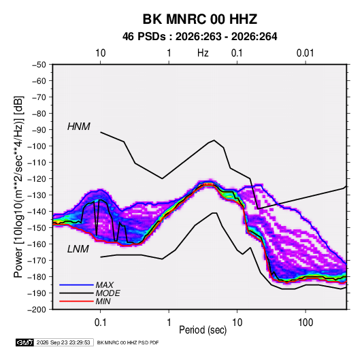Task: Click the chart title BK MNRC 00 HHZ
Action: (200, 19)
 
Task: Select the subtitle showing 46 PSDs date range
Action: (199, 37)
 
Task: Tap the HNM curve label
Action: (79, 127)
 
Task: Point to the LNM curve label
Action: (78, 249)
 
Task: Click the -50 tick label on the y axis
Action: (39, 65)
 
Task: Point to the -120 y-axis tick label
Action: (37, 179)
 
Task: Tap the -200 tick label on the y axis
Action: (37, 310)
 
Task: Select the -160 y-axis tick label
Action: (37, 244)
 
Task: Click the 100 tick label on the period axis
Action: (305, 323)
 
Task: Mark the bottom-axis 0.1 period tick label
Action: (100, 323)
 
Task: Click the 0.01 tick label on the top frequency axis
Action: (305, 53)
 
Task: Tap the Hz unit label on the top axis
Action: (203, 53)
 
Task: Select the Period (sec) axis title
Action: (203, 330)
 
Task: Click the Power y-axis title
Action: (18, 186)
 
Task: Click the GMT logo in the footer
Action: (24, 342)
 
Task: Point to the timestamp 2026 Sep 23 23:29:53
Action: (63, 342)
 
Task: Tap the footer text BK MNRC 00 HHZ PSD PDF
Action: (128, 342)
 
